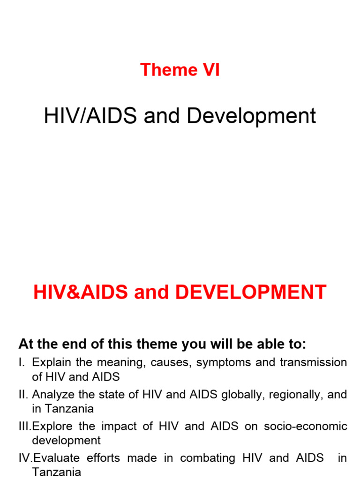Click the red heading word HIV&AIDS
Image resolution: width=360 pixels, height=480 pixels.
click(x=81, y=292)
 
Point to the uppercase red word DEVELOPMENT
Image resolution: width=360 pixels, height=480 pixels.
click(x=251, y=292)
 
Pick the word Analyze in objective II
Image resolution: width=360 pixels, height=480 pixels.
click(x=52, y=395)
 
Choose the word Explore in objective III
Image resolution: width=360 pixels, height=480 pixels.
click(x=51, y=427)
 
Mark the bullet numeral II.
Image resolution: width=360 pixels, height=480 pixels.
click(x=23, y=395)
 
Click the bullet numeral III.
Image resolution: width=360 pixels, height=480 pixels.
click(x=25, y=427)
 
